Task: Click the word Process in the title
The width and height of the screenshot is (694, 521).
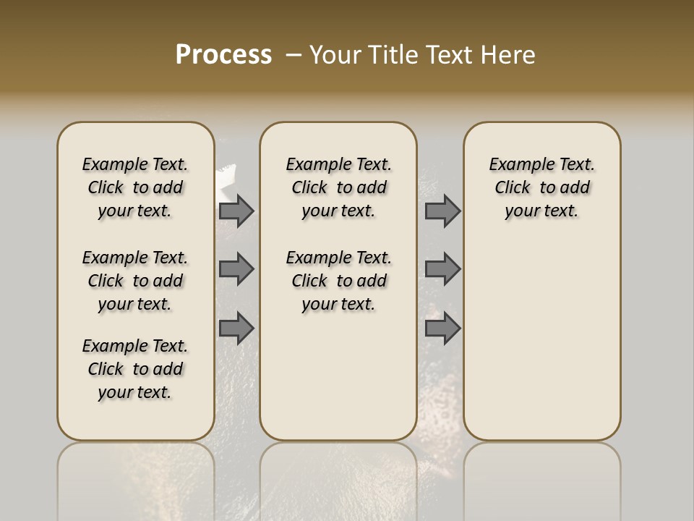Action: point(223,55)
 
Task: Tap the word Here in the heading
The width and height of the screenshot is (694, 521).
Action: point(507,55)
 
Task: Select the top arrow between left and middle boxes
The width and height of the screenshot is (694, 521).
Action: point(236,211)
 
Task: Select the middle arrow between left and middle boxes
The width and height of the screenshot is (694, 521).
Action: point(236,269)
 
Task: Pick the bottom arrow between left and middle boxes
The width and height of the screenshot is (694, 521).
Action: point(236,329)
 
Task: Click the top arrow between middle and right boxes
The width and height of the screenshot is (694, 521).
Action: point(442,211)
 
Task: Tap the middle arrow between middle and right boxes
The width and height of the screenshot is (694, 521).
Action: point(442,269)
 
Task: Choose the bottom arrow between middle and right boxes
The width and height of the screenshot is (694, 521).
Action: point(442,329)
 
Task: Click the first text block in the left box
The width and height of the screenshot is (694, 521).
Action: point(135,187)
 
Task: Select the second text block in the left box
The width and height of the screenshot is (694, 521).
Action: point(135,281)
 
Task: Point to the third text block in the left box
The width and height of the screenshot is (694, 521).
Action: point(135,369)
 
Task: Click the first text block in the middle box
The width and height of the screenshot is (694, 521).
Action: point(339,187)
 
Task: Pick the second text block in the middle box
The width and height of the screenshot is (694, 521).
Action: point(339,281)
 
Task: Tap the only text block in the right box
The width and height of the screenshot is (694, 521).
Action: point(542,187)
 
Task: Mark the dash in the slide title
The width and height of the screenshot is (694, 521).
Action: point(293,55)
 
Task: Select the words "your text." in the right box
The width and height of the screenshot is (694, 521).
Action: point(542,211)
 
